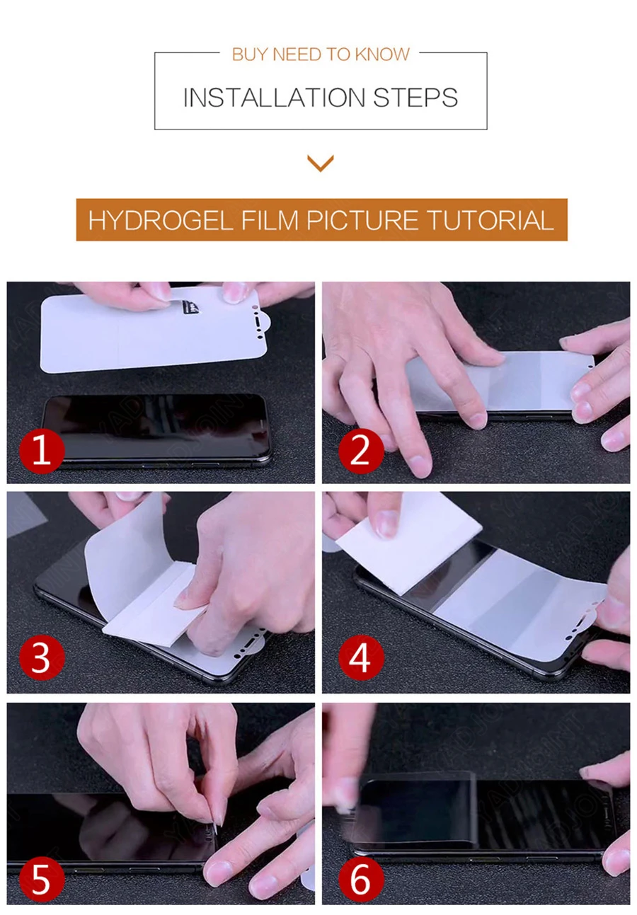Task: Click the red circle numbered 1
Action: tap(42, 451)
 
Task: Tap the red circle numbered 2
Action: tap(361, 451)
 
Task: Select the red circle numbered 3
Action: tap(42, 657)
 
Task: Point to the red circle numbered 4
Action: tap(361, 657)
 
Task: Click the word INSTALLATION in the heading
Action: tap(274, 98)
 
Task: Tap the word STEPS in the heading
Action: tap(415, 98)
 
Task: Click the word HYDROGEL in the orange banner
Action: tap(161, 220)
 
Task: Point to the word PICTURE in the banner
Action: tap(362, 220)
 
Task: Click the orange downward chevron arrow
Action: tap(321, 163)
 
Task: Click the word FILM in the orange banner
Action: tap(270, 220)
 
